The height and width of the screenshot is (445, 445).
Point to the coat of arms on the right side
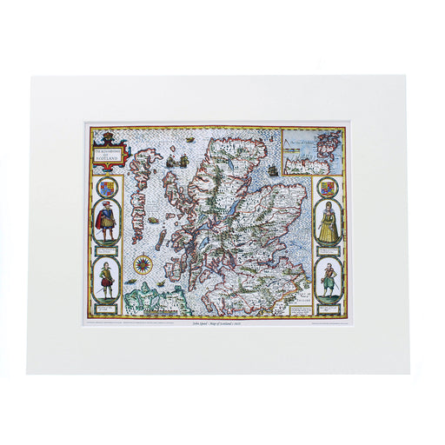[x=328, y=188]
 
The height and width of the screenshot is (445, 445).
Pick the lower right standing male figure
[x=328, y=280]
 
